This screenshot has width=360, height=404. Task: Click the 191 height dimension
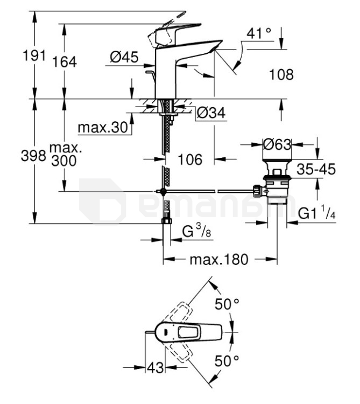(x=34, y=55)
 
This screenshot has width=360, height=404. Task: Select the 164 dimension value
(x=65, y=62)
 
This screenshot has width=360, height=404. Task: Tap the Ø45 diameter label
(x=124, y=57)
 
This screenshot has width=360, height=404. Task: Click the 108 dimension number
(x=281, y=75)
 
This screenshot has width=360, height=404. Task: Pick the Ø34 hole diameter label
(x=211, y=113)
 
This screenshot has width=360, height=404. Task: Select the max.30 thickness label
(x=103, y=127)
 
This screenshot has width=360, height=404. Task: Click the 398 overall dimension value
(x=33, y=156)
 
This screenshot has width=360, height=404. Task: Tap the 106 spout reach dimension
(x=190, y=159)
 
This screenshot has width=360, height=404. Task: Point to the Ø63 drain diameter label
(x=277, y=144)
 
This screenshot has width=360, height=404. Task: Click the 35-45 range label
(x=316, y=169)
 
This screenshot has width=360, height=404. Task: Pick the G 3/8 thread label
(x=196, y=231)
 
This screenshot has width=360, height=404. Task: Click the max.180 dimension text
(x=219, y=260)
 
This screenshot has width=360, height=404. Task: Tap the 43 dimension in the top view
(x=156, y=367)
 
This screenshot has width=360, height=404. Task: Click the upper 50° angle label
(x=227, y=304)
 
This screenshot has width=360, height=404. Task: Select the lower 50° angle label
(x=227, y=360)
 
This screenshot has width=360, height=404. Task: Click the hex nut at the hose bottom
(x=167, y=221)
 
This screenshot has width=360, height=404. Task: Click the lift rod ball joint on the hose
(x=163, y=191)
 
